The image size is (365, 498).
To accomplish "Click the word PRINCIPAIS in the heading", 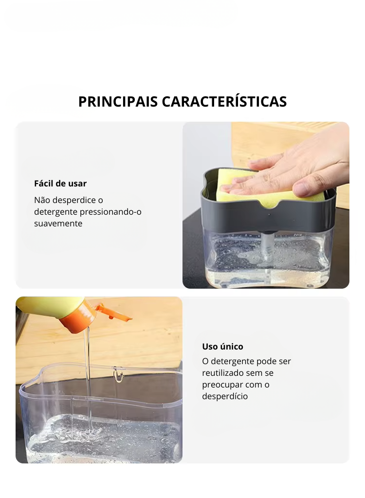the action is (x=118, y=102).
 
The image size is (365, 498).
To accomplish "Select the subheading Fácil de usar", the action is (x=60, y=183).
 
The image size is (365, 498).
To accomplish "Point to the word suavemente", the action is (x=58, y=223).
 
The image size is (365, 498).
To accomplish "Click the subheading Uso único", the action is (x=222, y=346).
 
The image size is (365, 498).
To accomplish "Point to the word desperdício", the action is (x=225, y=396).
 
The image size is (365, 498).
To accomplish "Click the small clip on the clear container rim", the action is (x=118, y=374).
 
